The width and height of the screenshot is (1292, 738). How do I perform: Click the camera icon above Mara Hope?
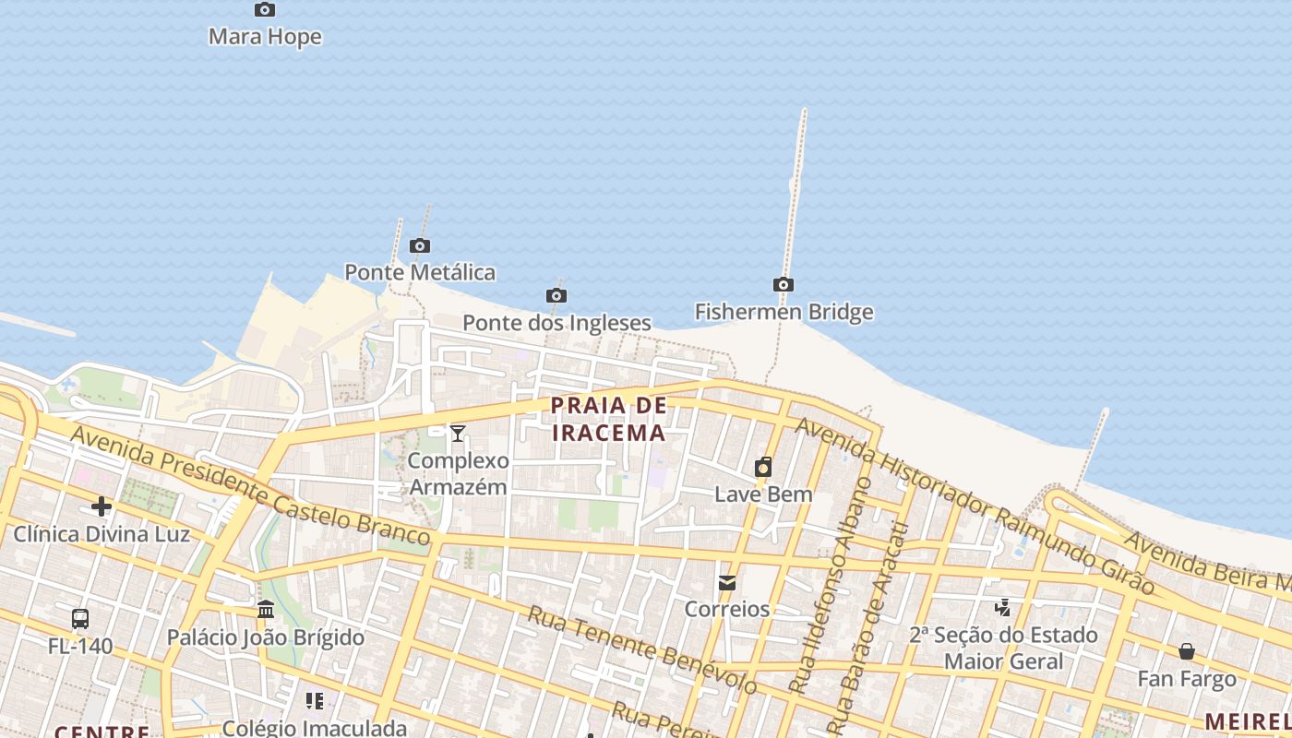pyautogui.click(x=265, y=10)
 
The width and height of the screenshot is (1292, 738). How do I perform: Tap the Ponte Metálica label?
pyautogui.click(x=420, y=272)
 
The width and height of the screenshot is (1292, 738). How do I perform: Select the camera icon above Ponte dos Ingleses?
pyautogui.click(x=556, y=296)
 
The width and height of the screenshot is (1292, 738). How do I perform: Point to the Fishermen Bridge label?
pyautogui.click(x=784, y=312)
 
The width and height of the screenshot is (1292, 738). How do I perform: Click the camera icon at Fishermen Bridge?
pyautogui.click(x=784, y=285)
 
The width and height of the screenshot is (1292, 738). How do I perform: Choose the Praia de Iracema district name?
pyautogui.click(x=608, y=419)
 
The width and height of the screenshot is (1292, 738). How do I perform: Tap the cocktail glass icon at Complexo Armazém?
pyautogui.click(x=458, y=433)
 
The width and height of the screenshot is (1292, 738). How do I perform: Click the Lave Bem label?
pyautogui.click(x=763, y=494)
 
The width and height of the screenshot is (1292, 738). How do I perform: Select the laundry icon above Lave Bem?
pyautogui.click(x=763, y=468)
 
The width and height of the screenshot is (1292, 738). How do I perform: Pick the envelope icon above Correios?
pyautogui.click(x=727, y=583)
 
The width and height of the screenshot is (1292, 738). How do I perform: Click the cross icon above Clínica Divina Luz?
pyautogui.click(x=102, y=506)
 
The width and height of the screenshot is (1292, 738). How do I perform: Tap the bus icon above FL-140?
pyautogui.click(x=80, y=619)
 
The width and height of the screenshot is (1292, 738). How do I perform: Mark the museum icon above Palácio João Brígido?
pyautogui.click(x=266, y=610)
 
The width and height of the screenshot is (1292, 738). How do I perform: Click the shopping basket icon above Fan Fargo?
pyautogui.click(x=1187, y=652)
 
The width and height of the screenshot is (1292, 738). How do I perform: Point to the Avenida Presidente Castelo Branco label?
pyautogui.click(x=249, y=485)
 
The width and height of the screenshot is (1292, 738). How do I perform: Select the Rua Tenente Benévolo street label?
pyautogui.click(x=641, y=649)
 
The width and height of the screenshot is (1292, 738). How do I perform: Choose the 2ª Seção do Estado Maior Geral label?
pyautogui.click(x=1003, y=648)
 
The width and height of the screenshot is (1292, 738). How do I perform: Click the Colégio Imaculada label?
pyautogui.click(x=315, y=728)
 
